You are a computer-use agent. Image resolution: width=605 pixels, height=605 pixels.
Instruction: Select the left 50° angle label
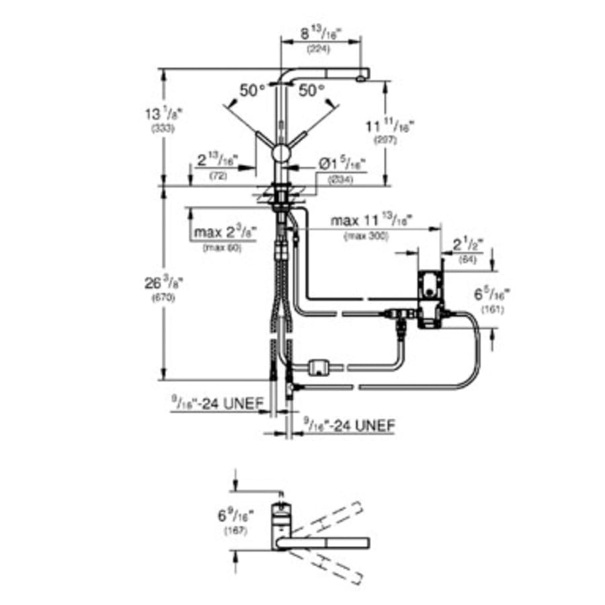pos(253,90)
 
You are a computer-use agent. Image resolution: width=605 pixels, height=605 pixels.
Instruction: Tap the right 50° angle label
pos(312,90)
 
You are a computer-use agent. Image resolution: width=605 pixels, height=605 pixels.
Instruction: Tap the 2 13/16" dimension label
pos(217,162)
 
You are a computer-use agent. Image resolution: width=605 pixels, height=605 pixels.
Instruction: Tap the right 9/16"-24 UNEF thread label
pos(350,426)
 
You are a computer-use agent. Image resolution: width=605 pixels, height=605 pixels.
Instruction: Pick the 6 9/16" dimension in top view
pos(233,517)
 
